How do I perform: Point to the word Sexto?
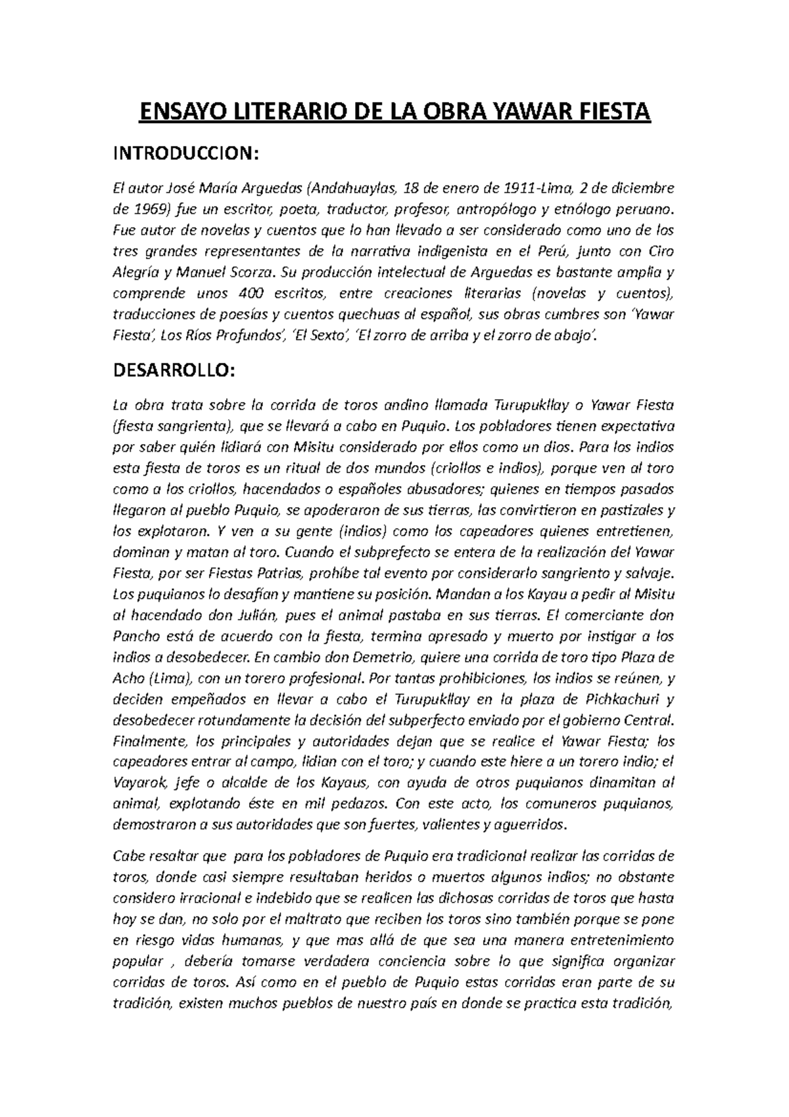326,336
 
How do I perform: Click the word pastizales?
630,510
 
